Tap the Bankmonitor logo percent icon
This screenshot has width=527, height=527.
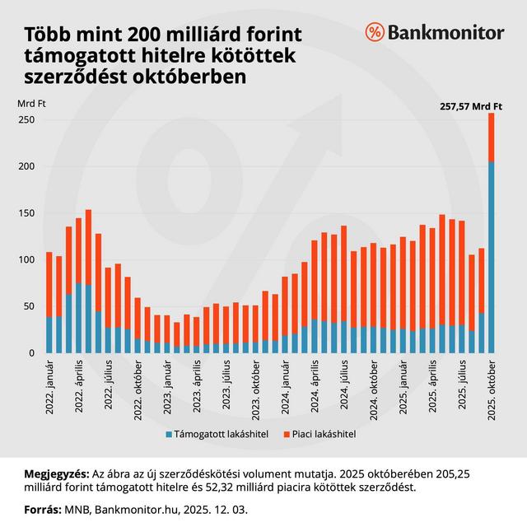[x=375, y=33]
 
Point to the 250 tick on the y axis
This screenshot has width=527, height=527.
[x=28, y=120]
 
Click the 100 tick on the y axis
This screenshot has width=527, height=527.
[x=28, y=260]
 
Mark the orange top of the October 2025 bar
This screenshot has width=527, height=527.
[x=492, y=137]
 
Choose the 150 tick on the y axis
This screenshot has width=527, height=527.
[x=28, y=213]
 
